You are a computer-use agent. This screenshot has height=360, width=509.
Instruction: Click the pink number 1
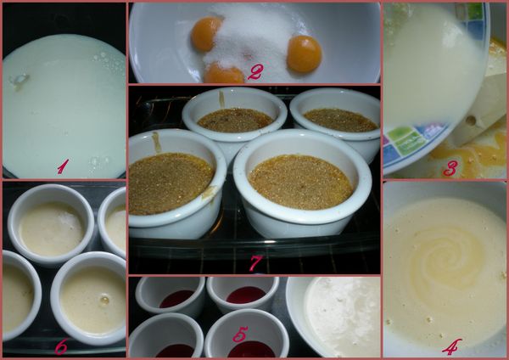tap(63, 166)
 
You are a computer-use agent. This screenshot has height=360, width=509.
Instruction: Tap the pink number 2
tap(255, 72)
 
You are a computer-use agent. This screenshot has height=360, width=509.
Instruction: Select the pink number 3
tap(451, 168)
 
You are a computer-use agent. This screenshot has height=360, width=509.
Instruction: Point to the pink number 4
tap(452, 346)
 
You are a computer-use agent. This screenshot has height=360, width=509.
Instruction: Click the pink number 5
tap(240, 334)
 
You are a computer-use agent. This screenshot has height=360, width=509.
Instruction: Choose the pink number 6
tap(61, 346)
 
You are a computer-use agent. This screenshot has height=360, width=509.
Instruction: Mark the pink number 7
tap(256, 263)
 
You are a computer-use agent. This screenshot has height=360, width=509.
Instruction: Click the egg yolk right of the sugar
tap(305, 53)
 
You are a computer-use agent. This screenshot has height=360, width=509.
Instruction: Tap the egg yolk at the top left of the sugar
tap(205, 33)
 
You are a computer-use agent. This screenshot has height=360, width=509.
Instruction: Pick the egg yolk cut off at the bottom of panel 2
tap(224, 73)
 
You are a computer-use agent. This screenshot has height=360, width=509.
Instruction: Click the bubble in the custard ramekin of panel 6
tap(104, 300)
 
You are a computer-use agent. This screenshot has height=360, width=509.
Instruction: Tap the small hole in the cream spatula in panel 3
tap(470, 121)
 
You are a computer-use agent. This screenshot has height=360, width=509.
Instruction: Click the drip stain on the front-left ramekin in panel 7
tap(156, 142)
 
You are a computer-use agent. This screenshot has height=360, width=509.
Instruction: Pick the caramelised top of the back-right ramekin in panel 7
tap(340, 120)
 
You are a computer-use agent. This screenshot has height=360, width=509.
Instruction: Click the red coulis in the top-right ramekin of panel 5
tap(246, 295)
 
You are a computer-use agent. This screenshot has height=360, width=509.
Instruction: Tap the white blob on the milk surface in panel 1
tap(19, 79)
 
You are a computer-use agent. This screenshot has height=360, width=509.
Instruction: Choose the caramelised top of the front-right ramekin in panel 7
tap(300, 182)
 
